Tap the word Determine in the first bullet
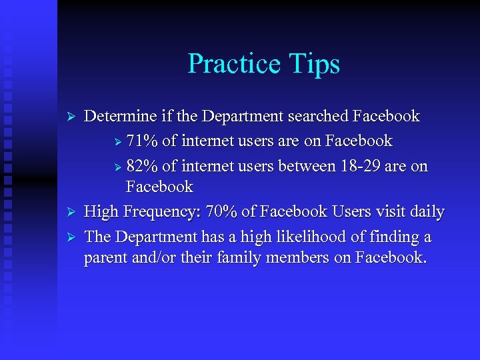point(122,116)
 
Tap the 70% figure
point(221,212)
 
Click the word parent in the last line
point(105,257)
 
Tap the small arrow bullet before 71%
point(118,142)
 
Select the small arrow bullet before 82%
point(118,167)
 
